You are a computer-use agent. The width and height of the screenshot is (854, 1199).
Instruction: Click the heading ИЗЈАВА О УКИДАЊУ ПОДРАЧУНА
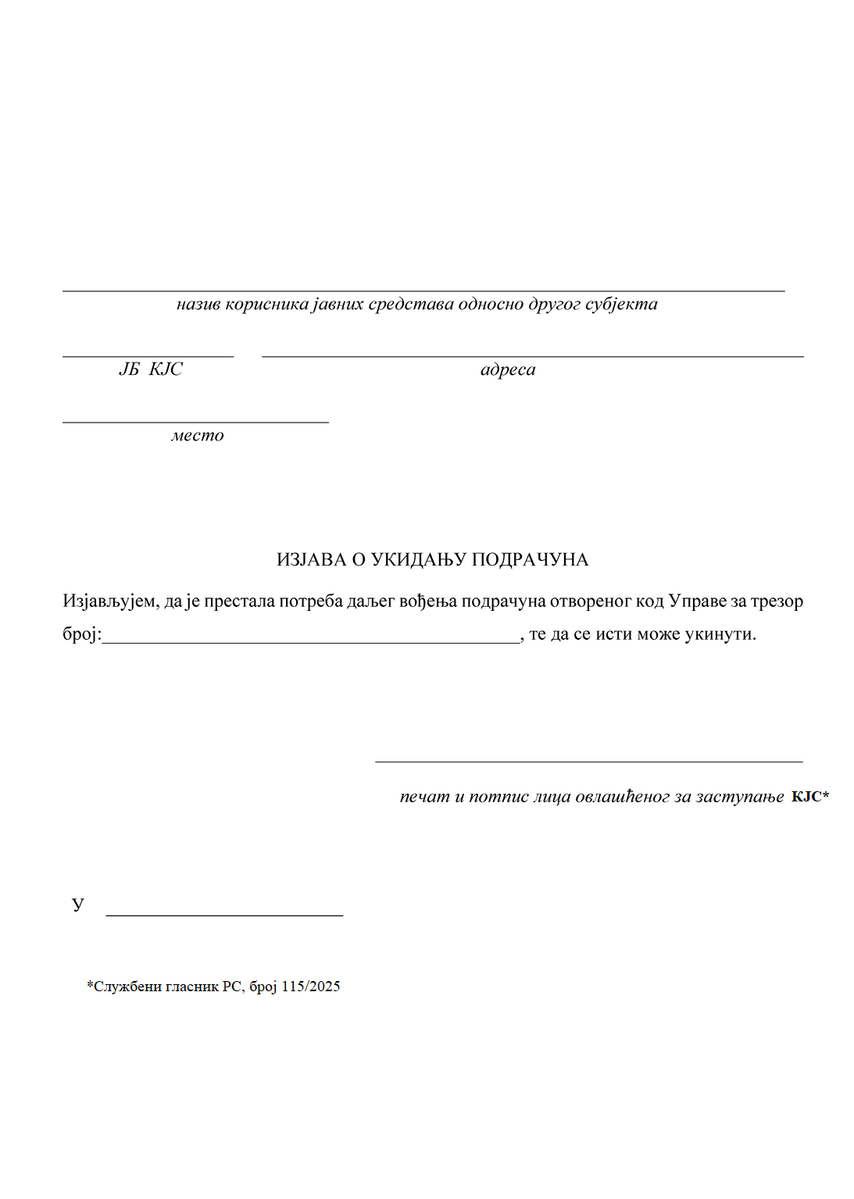tap(432, 559)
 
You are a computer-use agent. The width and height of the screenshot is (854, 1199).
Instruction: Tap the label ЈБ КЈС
tap(151, 369)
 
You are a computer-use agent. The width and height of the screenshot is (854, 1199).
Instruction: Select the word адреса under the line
tap(508, 369)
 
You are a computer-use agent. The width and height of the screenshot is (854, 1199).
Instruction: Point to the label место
tap(198, 435)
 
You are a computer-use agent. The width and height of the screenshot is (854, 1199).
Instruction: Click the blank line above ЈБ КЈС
tap(148, 356)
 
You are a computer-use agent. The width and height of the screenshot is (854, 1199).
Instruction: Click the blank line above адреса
tap(532, 356)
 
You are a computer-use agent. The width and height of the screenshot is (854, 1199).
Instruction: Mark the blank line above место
tap(195, 422)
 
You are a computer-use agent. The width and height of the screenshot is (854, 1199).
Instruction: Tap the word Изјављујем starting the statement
tap(109, 601)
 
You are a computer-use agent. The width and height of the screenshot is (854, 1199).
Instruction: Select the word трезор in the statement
tap(777, 601)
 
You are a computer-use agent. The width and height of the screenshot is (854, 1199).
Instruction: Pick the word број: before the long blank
tap(82, 634)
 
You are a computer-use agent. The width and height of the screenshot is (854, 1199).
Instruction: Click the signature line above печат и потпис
tap(588, 760)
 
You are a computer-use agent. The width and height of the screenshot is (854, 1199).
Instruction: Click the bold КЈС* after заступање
tap(809, 797)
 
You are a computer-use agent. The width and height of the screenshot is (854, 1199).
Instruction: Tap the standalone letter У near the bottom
tap(78, 905)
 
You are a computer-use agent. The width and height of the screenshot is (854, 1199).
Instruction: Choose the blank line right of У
tap(224, 914)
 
